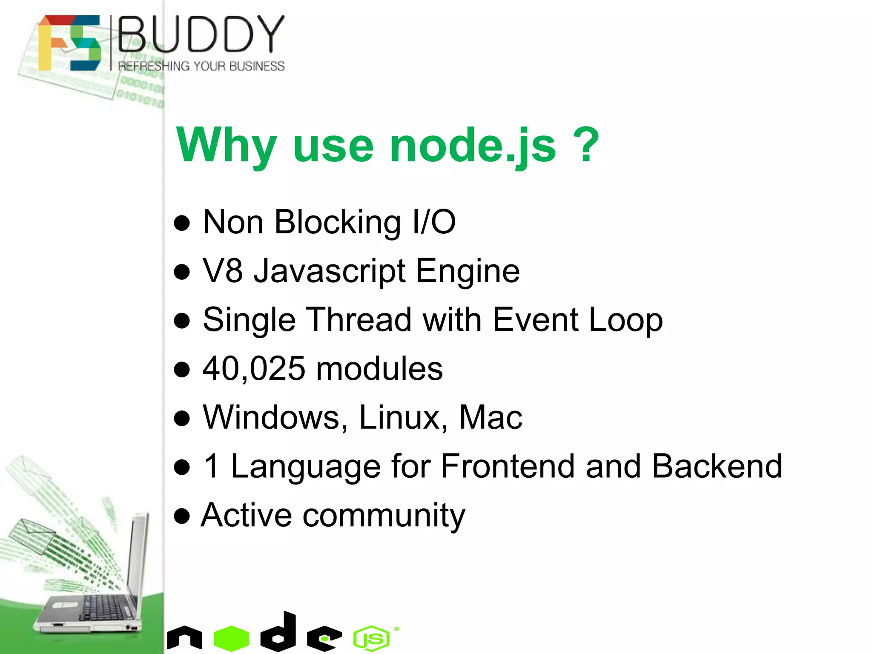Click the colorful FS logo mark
pyautogui.click(x=69, y=43)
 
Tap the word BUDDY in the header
pyautogui.click(x=201, y=34)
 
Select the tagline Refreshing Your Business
pyautogui.click(x=201, y=66)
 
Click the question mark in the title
pyautogui.click(x=586, y=145)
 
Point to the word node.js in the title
pyautogui.click(x=473, y=146)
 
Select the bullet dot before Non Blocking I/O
pyautogui.click(x=182, y=223)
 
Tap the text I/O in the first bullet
pyautogui.click(x=434, y=222)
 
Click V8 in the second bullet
pyautogui.click(x=222, y=271)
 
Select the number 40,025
pyautogui.click(x=254, y=369)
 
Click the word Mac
pyautogui.click(x=490, y=417)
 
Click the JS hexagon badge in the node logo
pyautogui.click(x=371, y=638)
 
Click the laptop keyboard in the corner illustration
pyautogui.click(x=104, y=607)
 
